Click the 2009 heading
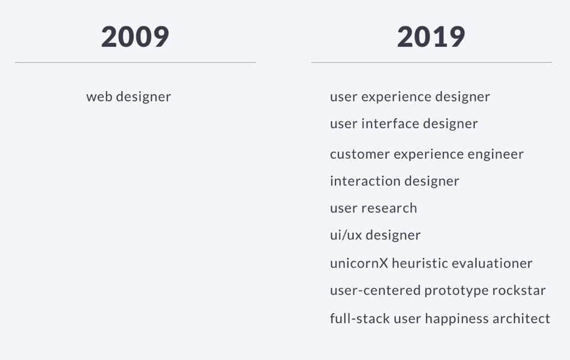[135, 37]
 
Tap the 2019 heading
[431, 37]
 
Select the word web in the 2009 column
[99, 97]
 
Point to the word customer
[360, 154]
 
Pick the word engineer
[495, 154]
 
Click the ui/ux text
[346, 235]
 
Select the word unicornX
[359, 263]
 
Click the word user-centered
[375, 290]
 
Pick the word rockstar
[519, 290]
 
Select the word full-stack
[360, 318]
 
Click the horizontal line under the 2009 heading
[135, 62]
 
